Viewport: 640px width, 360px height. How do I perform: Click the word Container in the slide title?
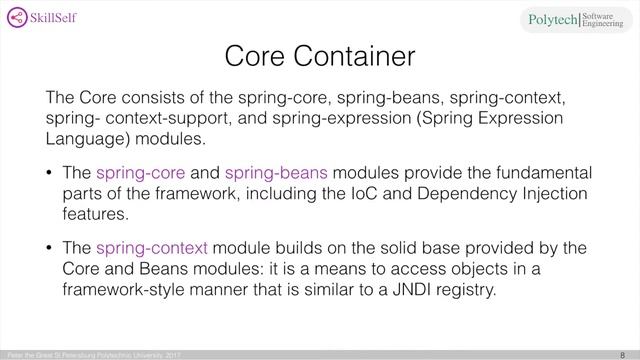click(x=364, y=56)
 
